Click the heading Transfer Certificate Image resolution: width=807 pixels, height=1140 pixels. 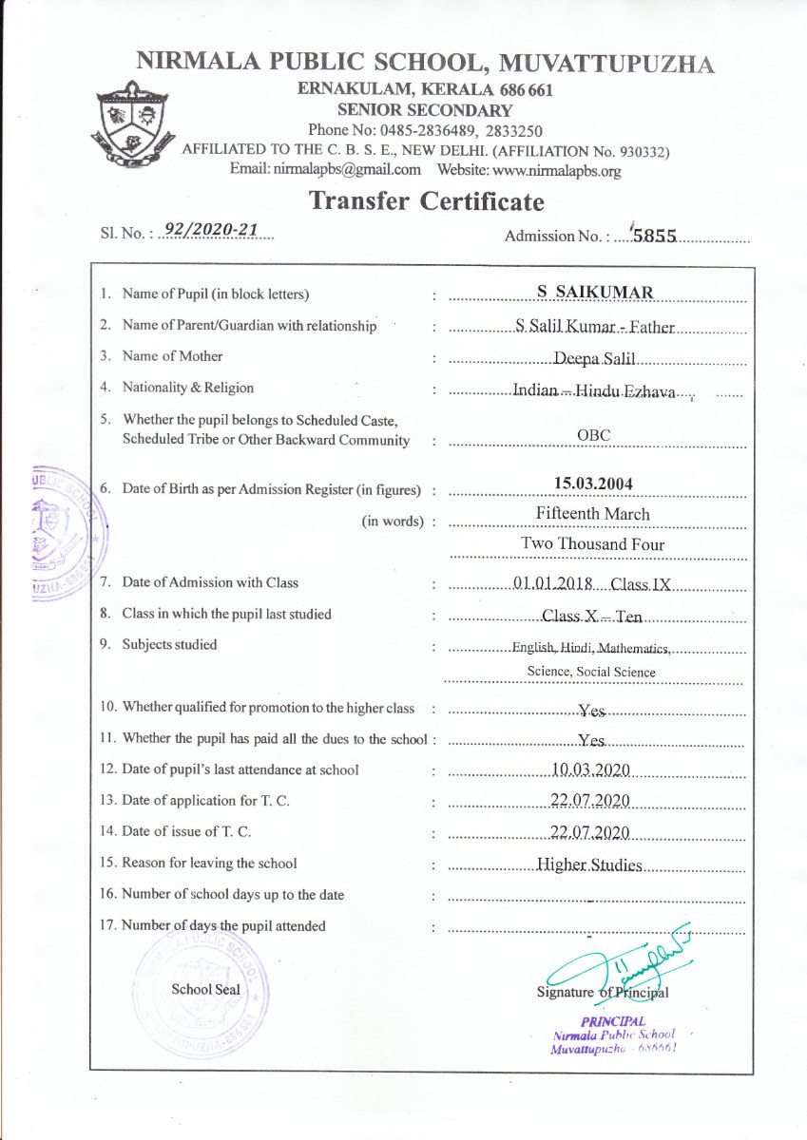pyautogui.click(x=427, y=201)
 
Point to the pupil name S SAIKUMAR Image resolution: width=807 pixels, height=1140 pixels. pyautogui.click(x=594, y=293)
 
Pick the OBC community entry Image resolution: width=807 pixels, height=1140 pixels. pyautogui.click(x=593, y=435)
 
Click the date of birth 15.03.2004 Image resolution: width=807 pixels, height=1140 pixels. pyautogui.click(x=593, y=484)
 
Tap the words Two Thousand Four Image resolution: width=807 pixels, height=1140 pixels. pyautogui.click(x=593, y=544)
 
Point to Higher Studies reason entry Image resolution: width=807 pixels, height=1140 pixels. pyautogui.click(x=589, y=865)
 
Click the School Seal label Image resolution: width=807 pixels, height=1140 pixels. pyautogui.click(x=205, y=989)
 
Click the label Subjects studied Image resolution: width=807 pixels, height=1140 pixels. pyautogui.click(x=169, y=644)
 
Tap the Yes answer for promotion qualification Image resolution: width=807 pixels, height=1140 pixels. pyautogui.click(x=592, y=710)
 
